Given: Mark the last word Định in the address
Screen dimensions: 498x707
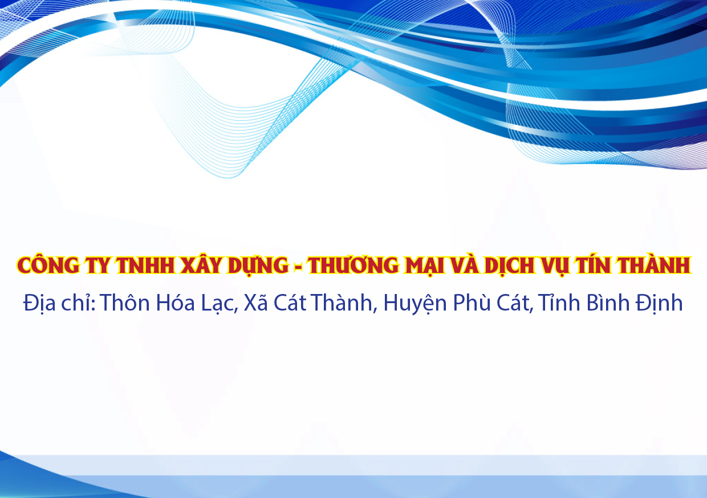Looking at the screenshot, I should click(x=659, y=303).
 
